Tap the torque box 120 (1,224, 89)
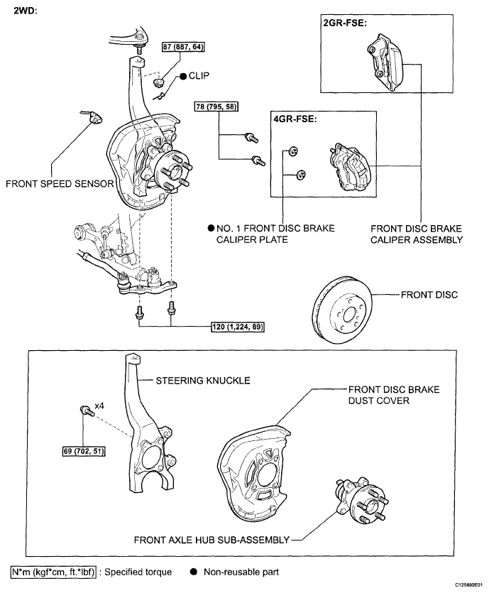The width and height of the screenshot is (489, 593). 237,327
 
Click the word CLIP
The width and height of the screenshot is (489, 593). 199,76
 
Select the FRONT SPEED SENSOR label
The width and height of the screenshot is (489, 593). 60,184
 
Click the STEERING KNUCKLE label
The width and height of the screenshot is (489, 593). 203,381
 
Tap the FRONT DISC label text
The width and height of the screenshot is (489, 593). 429,295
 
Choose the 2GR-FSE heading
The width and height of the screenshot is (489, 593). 345,23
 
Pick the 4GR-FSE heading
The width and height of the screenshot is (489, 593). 295,119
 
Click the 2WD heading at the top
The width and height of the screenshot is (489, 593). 26,11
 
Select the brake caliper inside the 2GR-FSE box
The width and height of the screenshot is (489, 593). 385,62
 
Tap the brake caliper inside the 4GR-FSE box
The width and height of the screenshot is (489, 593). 351,167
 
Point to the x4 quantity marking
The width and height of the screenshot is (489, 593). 99,406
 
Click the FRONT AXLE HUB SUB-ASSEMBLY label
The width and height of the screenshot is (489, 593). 211,540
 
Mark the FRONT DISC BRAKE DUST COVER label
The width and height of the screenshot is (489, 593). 394,395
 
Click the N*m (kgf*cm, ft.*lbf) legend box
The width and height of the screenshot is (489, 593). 53,572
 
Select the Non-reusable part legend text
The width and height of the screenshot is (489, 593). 241,572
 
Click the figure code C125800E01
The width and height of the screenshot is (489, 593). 468,584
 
